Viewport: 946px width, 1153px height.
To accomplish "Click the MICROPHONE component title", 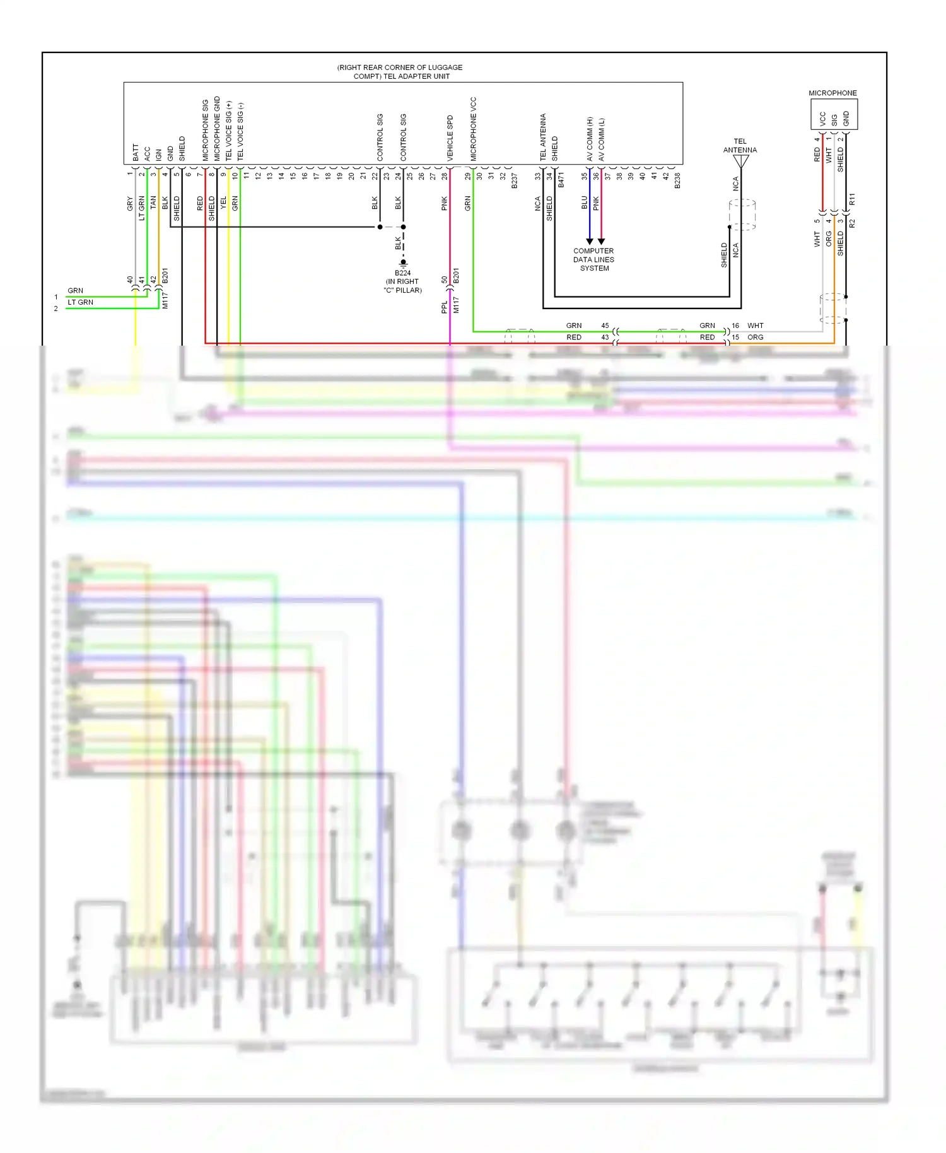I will tap(832, 93).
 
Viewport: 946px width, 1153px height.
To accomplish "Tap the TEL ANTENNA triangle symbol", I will tap(741, 161).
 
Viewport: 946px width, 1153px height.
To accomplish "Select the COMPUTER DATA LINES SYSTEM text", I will tap(593, 259).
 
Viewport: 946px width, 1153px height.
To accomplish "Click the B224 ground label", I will tap(402, 273).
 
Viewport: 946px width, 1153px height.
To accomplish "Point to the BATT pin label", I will tap(136, 152).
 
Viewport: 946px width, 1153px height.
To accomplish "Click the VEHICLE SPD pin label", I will tap(450, 138).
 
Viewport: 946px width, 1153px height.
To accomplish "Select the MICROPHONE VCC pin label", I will tap(474, 129).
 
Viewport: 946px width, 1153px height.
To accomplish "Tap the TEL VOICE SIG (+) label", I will tap(229, 131).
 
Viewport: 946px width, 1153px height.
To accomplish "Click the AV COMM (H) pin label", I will tap(590, 139).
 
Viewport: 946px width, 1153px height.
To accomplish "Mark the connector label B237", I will tap(515, 181).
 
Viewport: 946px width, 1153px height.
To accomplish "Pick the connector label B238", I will tap(677, 181).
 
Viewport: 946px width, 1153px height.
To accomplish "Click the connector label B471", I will tap(561, 181).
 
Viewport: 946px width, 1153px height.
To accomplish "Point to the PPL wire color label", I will tap(444, 307).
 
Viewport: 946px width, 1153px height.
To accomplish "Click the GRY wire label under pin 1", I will tap(130, 204).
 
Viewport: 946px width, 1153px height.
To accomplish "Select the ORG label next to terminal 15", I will tap(756, 337).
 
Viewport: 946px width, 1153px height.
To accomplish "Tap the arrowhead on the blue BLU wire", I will tap(590, 242).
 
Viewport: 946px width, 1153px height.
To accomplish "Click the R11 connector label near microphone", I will tap(852, 200).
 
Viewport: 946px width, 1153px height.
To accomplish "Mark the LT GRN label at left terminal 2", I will tap(80, 302).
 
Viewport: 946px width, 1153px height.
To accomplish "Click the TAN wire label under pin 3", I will tap(153, 202).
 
